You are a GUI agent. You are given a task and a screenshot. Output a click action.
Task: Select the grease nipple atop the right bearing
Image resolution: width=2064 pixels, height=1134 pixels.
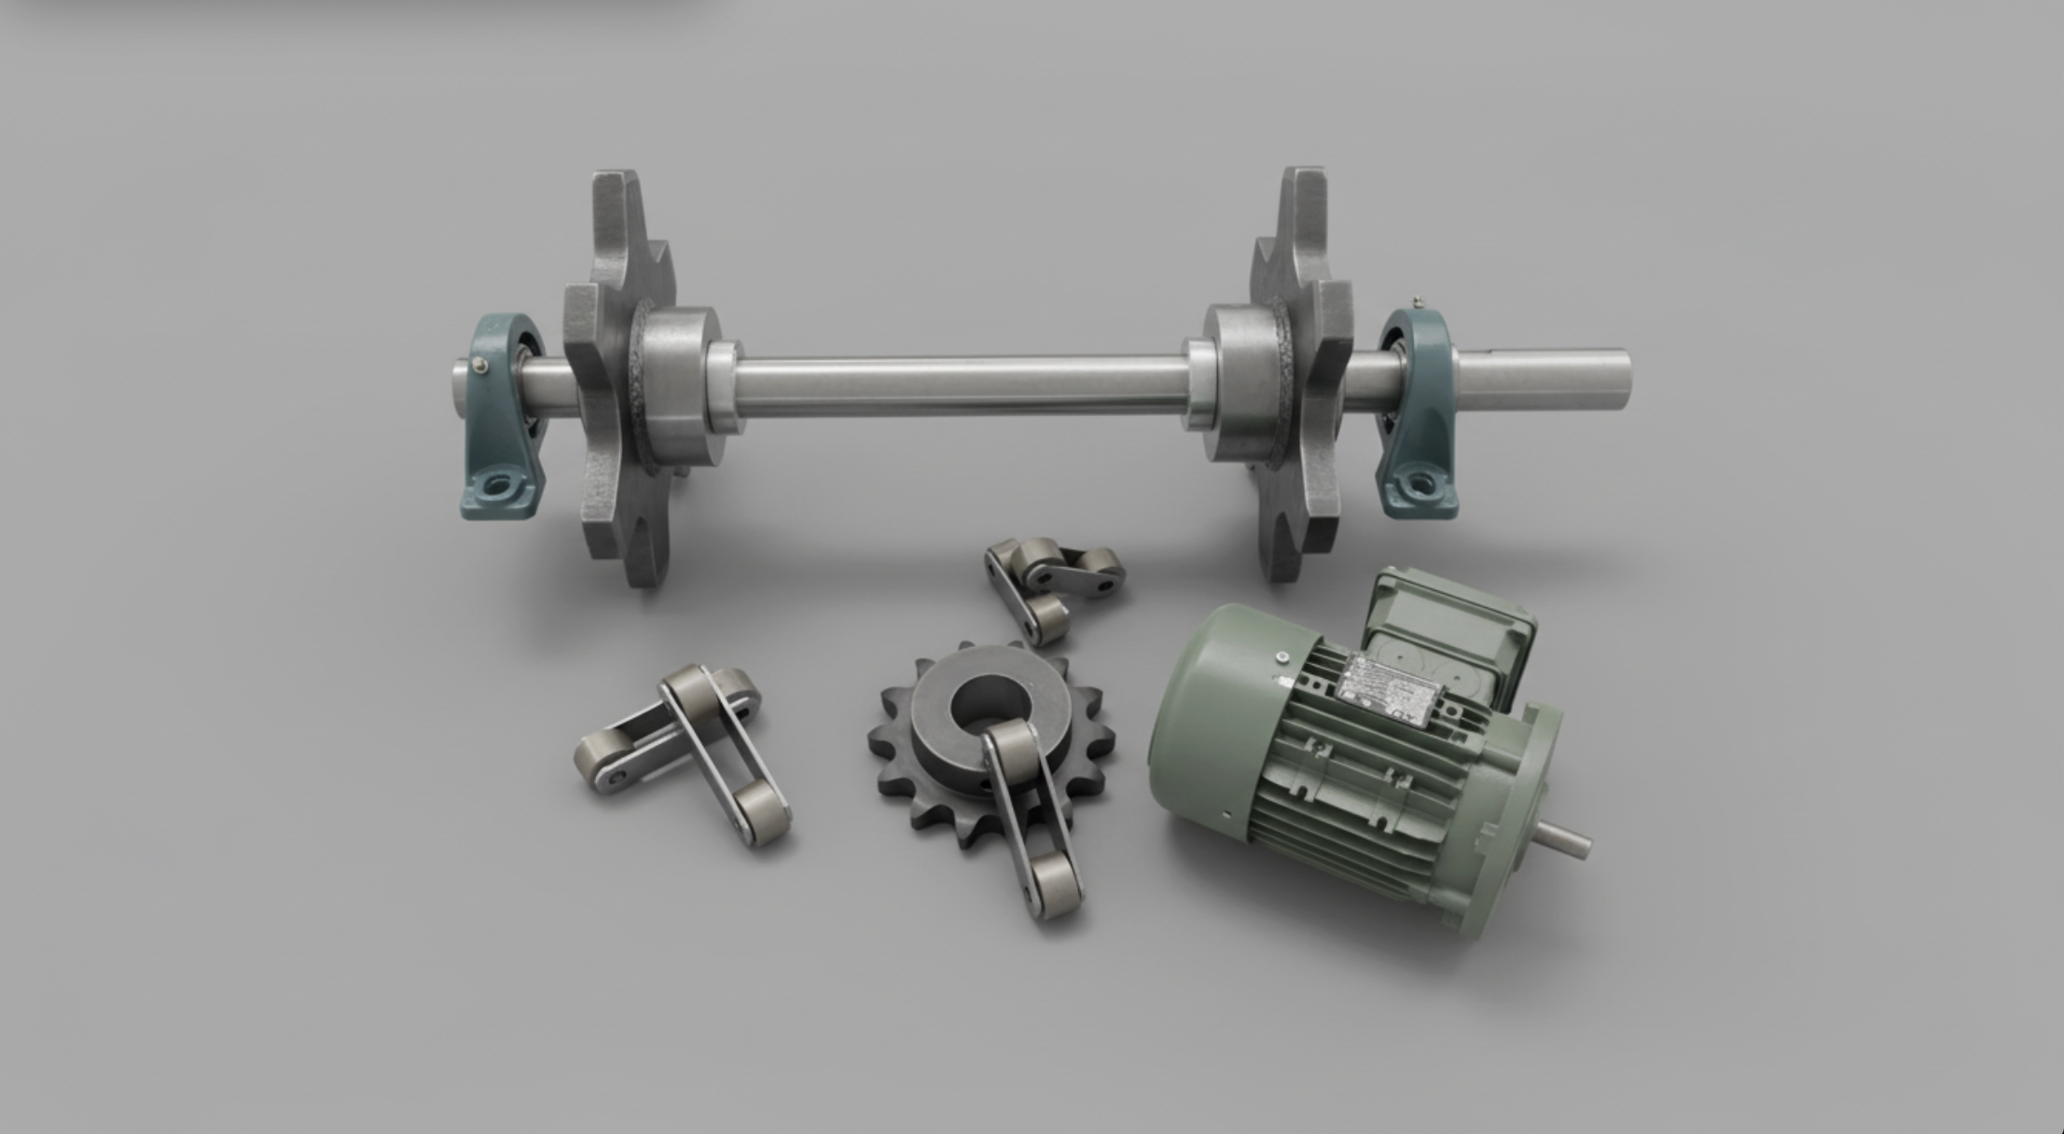[x=1418, y=300]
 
